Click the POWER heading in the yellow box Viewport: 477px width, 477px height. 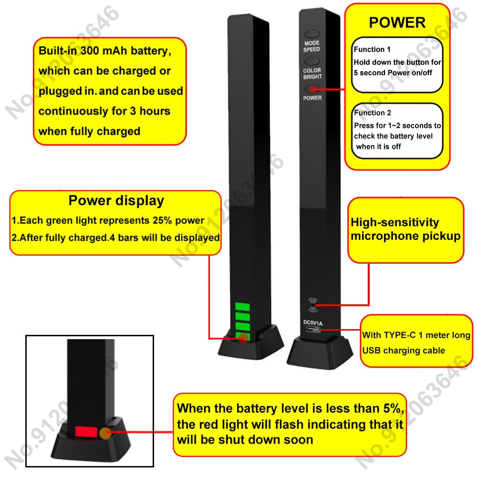pos(397,22)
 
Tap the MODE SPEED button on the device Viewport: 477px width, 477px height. pos(312,35)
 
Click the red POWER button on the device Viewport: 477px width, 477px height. pos(312,89)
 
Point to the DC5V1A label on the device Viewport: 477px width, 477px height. pos(313,323)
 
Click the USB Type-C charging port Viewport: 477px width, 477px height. pos(313,330)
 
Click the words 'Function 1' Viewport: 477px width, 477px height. pos(372,49)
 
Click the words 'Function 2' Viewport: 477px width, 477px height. pos(373,113)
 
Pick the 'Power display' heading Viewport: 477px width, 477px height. pos(116,201)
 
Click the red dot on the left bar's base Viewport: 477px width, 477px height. pos(243,338)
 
